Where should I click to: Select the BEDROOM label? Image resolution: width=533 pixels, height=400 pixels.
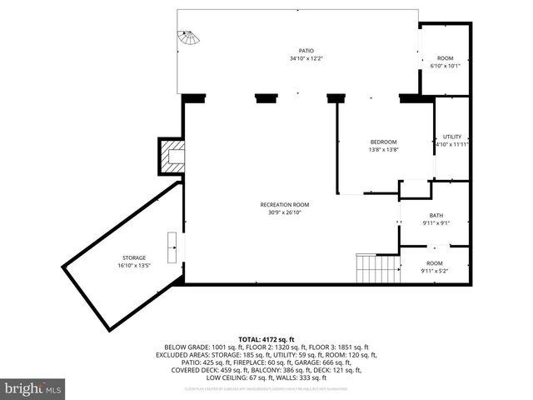coord(383,142)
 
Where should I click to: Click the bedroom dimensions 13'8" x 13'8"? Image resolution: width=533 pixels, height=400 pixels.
coord(383,149)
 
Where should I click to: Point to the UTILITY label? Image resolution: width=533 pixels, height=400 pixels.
coord(452,137)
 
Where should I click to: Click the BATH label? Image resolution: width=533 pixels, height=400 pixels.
coord(436,215)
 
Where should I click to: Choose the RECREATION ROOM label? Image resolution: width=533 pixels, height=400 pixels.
coord(285,204)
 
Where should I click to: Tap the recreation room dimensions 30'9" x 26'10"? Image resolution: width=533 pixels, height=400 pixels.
coord(285,212)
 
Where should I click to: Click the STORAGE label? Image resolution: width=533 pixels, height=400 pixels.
coord(133,258)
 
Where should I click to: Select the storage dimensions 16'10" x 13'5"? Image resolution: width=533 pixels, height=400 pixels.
coord(133,266)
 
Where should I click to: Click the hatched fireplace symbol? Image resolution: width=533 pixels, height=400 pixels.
coord(173,157)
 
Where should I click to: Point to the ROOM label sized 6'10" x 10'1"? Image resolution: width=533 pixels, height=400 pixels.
coord(445,58)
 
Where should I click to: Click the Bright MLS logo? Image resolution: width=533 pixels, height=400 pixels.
coord(33,388)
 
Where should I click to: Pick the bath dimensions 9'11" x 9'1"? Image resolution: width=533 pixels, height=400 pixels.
coord(436,222)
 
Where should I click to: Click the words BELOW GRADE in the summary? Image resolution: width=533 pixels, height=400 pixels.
coord(187,347)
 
